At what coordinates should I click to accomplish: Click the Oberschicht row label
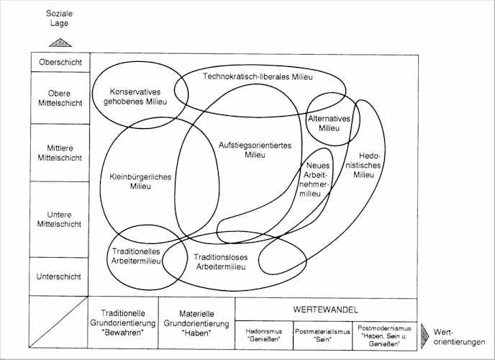60,62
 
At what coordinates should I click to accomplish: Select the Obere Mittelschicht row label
60,97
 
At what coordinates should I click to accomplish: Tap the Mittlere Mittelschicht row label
60,151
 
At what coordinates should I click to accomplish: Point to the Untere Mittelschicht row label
60,218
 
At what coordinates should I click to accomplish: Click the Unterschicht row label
60,276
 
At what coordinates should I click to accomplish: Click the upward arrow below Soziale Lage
60,42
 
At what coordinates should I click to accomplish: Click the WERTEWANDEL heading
326,308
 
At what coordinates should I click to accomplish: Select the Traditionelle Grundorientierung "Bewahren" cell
122,323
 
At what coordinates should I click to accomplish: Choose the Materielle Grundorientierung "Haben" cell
196,323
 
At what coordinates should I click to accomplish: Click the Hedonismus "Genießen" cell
263,334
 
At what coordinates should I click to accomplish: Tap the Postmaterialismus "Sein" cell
322,334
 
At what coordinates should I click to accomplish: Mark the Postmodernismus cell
386,334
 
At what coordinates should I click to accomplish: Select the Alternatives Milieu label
329,123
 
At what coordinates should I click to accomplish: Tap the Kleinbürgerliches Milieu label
140,181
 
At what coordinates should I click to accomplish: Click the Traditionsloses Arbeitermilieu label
221,261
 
